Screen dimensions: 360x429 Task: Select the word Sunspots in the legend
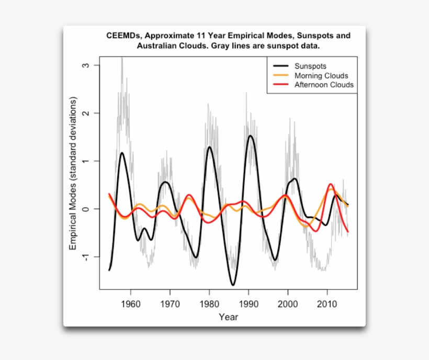310,66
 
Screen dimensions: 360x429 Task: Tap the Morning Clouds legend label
321,75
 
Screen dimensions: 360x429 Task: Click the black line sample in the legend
280,66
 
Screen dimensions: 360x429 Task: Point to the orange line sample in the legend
280,75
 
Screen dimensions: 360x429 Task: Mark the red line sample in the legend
280,84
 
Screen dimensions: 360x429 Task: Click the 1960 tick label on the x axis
130,303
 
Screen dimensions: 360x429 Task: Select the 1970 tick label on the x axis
170,303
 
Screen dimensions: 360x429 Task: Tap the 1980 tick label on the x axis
209,303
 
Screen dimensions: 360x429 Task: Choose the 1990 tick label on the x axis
249,303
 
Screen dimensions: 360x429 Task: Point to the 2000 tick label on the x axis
288,303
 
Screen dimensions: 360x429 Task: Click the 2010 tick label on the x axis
327,303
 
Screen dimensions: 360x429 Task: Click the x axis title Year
229,317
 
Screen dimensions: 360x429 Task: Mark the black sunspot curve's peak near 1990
251,136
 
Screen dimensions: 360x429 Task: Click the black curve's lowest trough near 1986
233,285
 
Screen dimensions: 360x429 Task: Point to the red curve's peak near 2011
331,184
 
